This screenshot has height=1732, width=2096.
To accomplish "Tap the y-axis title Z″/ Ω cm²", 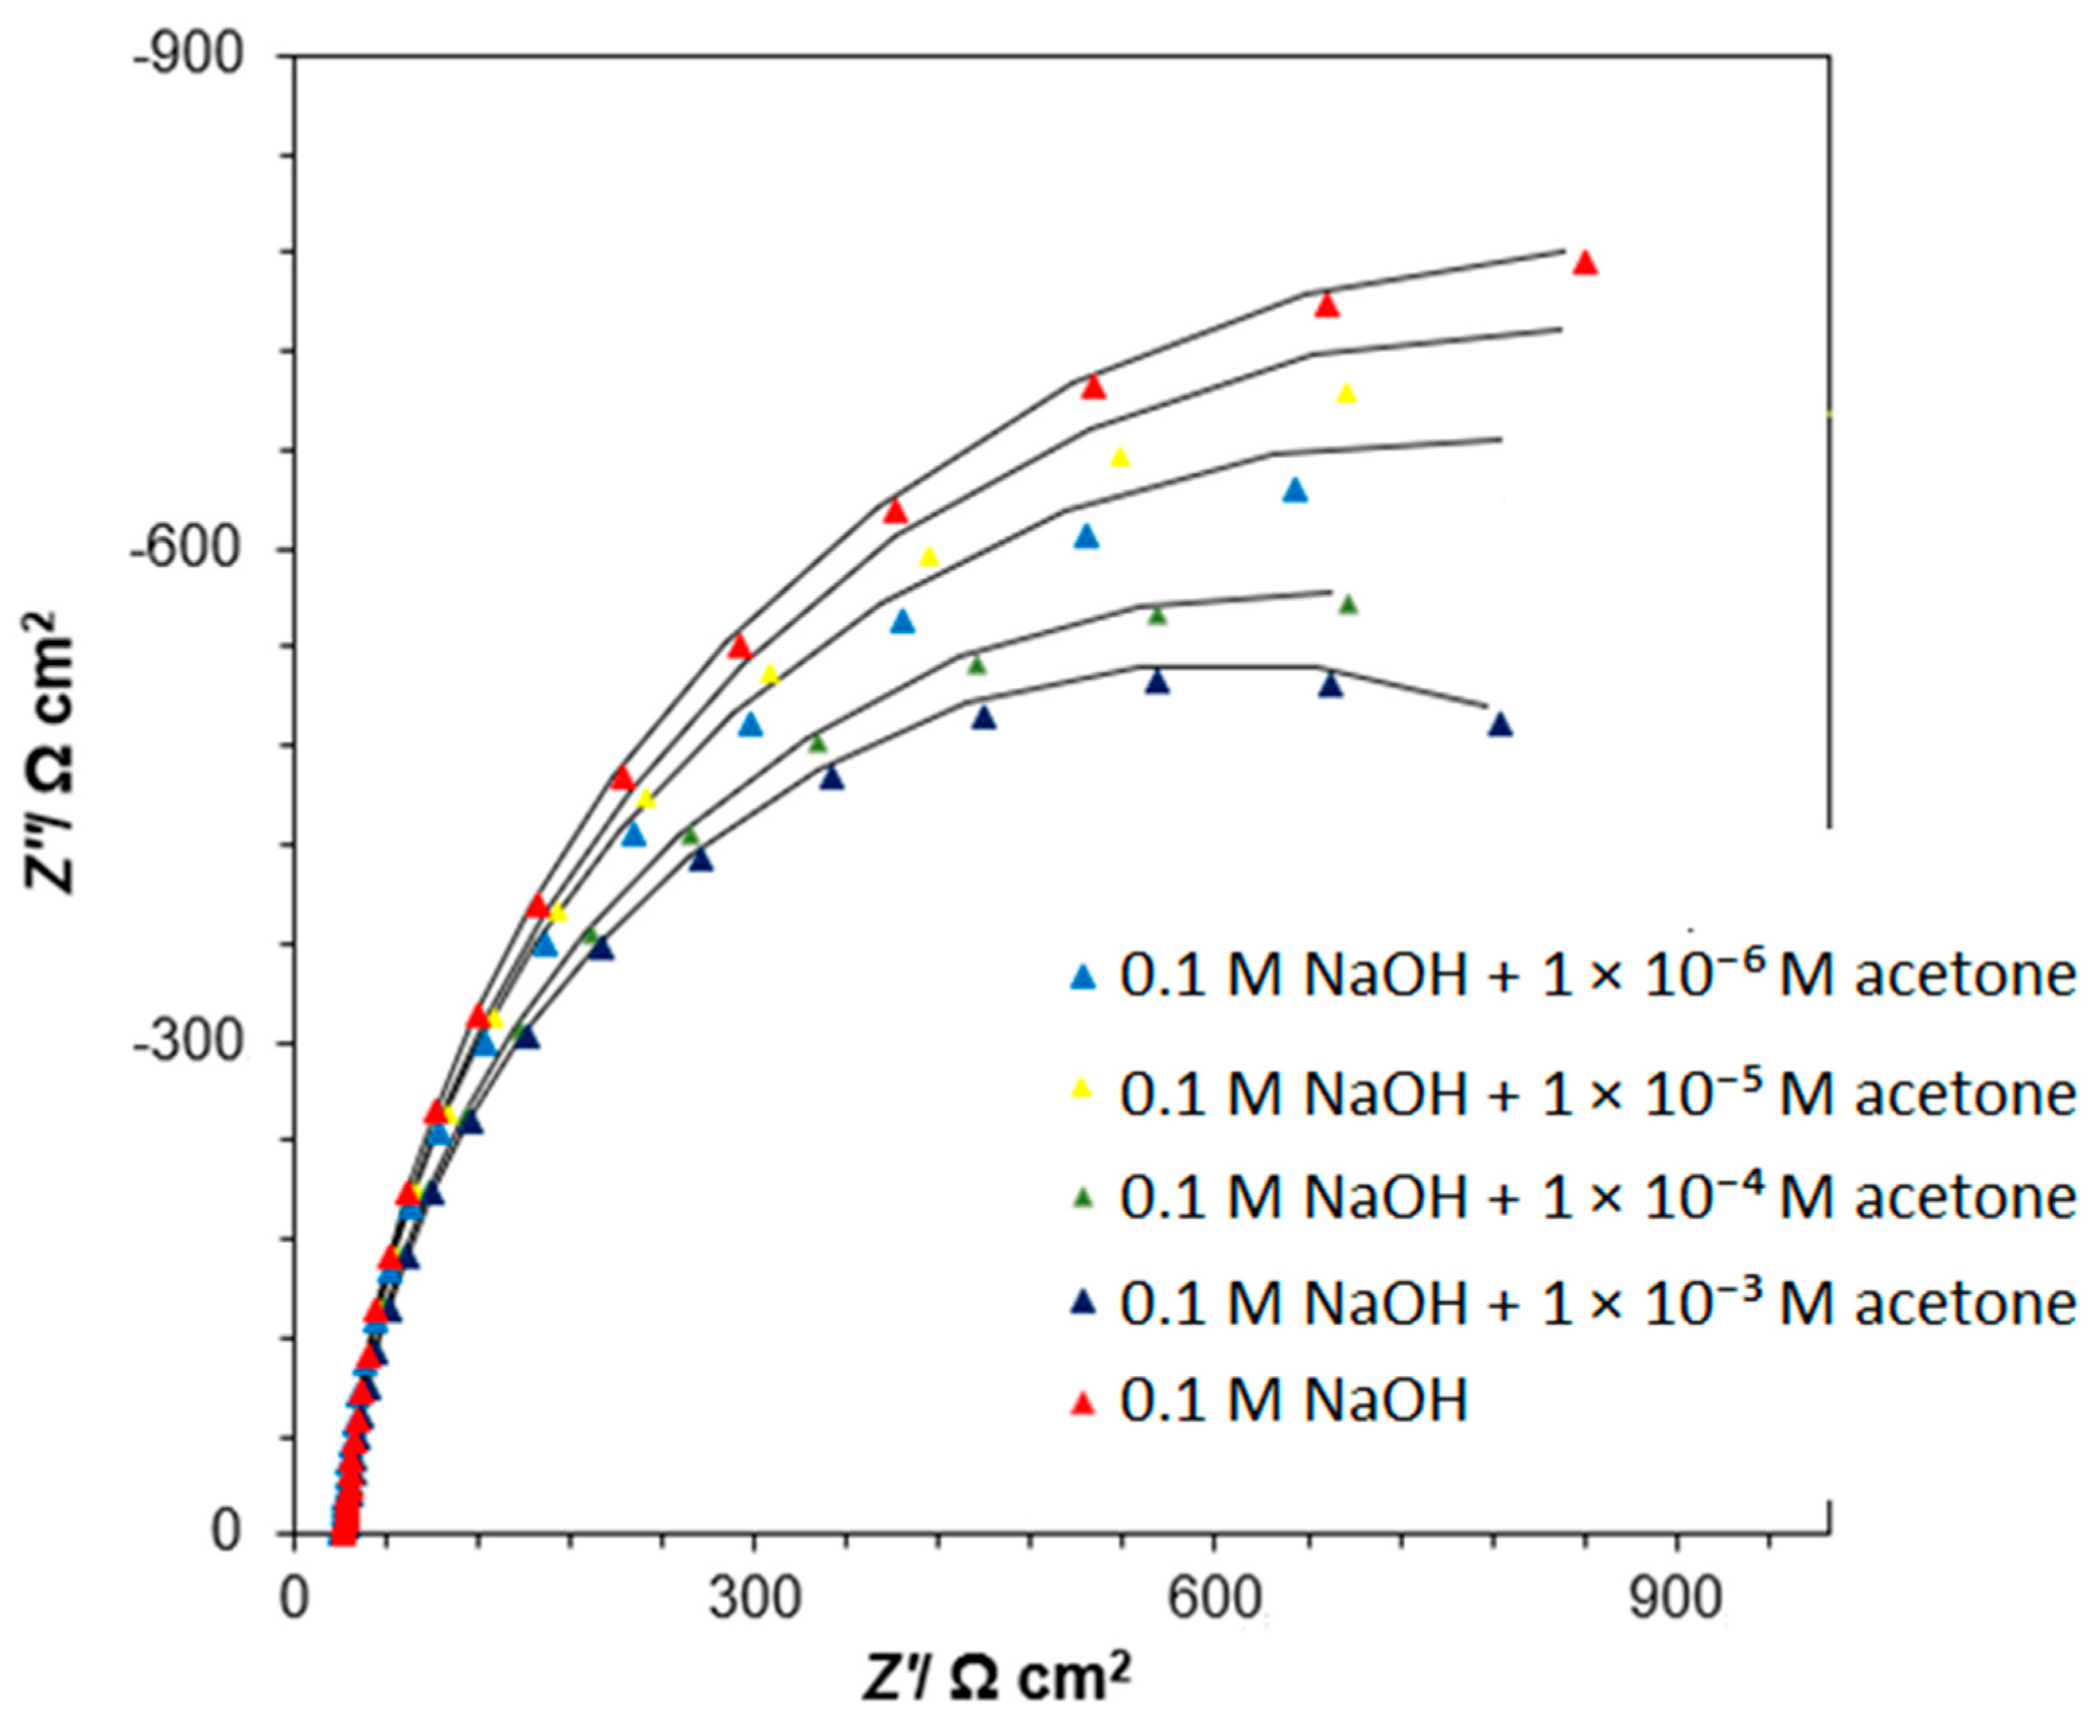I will (50, 753).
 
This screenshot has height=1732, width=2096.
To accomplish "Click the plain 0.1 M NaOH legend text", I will (1294, 1401).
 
